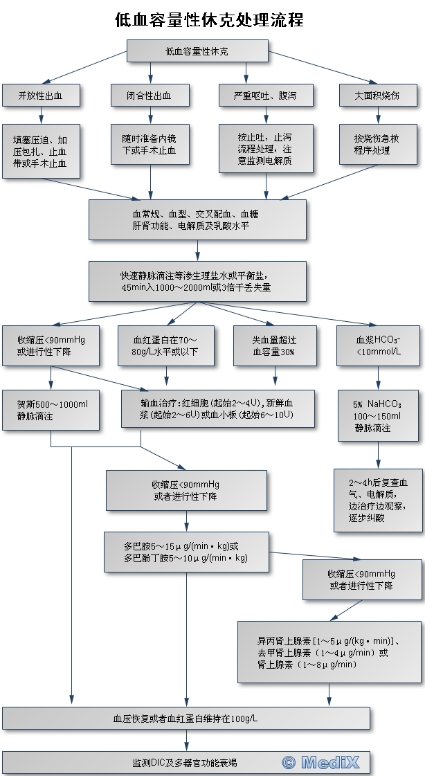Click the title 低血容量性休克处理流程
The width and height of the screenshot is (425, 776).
click(209, 20)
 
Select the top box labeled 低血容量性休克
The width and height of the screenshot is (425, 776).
click(197, 51)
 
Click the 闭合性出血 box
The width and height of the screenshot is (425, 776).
click(150, 96)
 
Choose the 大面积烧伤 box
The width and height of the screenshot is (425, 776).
click(377, 96)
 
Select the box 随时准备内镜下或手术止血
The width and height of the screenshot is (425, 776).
click(150, 144)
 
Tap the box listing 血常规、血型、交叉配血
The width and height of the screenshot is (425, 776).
click(197, 219)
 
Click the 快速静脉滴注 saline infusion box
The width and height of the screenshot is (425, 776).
click(197, 281)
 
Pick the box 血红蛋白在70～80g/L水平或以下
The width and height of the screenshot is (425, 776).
click(166, 345)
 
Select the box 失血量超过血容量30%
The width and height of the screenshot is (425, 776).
click(274, 345)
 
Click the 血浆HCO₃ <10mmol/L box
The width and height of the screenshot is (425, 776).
click(378, 345)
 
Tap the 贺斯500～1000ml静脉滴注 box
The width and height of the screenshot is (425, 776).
click(50, 410)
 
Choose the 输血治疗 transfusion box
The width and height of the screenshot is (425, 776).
click(217, 408)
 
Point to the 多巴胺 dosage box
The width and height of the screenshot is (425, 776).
click(186, 552)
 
